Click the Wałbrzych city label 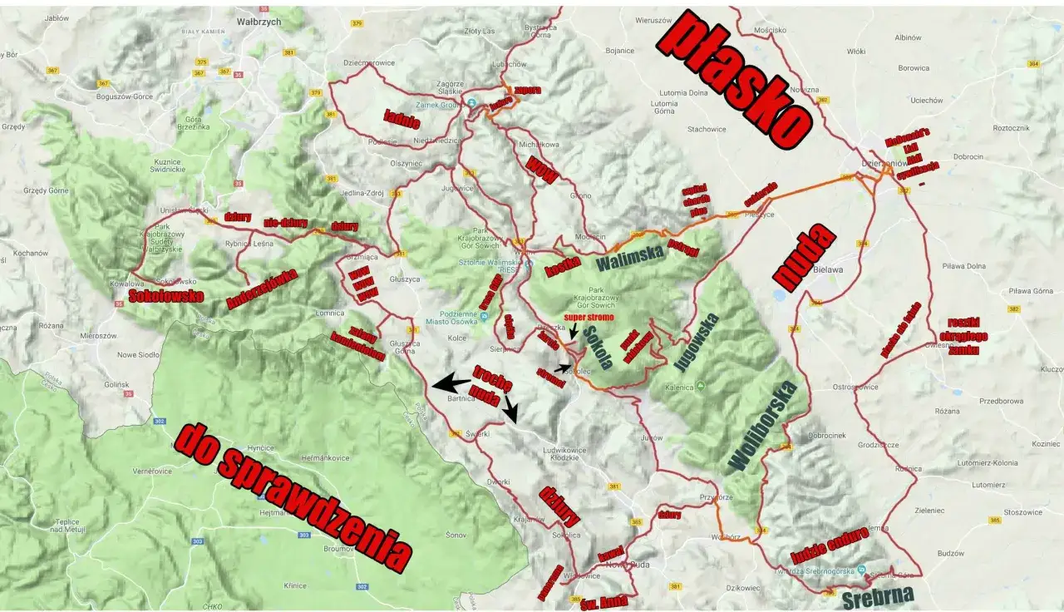click(238, 21)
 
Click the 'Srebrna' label click(877, 595)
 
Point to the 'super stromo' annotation click(589, 317)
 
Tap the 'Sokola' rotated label click(597, 347)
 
